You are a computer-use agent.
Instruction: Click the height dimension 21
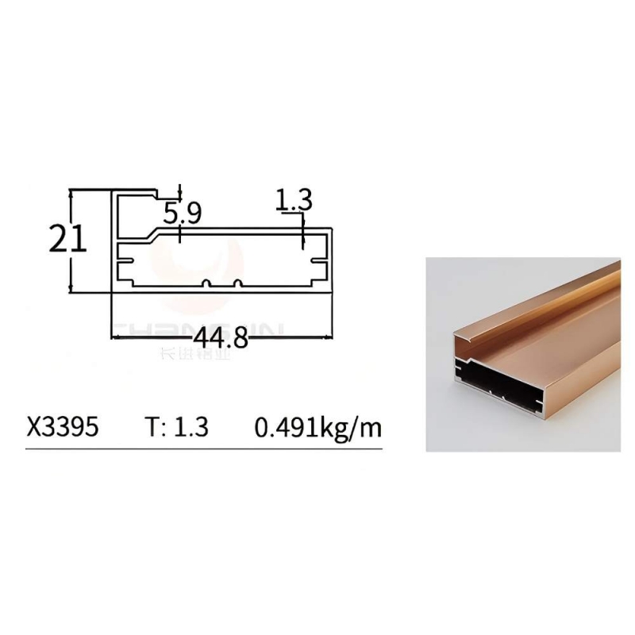click(67, 237)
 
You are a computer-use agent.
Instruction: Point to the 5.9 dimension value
click(183, 213)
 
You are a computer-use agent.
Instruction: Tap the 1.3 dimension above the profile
click(294, 200)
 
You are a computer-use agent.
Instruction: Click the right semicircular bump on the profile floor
click(237, 283)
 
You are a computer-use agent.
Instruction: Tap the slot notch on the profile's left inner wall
click(124, 258)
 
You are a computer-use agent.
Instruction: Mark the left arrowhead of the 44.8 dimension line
click(116, 337)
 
